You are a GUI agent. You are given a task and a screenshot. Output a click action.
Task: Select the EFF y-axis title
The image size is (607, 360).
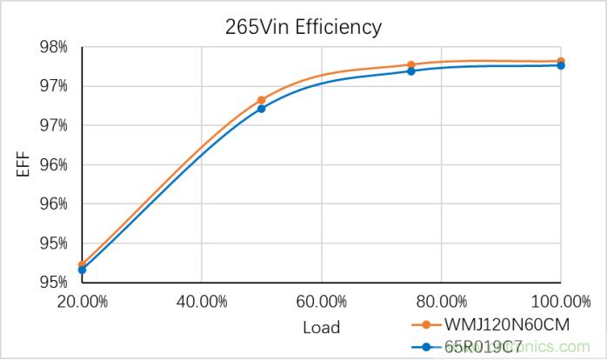point(23,164)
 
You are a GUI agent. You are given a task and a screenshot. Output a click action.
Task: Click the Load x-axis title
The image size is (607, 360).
point(321,328)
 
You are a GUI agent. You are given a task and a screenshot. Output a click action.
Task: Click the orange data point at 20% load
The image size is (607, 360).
point(82,264)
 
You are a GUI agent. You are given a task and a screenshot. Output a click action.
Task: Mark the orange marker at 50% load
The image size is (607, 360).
point(261,100)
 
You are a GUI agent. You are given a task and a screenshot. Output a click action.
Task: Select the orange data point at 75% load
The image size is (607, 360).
point(411,64)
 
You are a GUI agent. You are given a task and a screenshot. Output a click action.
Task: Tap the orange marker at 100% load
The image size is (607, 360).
point(561,61)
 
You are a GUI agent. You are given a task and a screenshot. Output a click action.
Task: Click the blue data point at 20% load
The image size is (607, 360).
point(82,270)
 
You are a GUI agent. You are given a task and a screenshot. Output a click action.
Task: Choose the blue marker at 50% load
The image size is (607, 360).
point(261,109)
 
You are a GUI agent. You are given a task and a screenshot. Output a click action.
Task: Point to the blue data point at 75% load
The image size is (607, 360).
point(411,70)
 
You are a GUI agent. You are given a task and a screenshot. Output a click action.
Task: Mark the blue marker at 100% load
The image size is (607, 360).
point(561,65)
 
